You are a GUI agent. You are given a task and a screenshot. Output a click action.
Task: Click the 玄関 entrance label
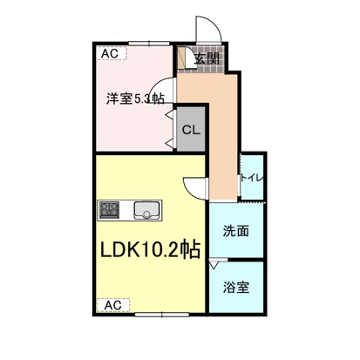pyautogui.click(x=207, y=59)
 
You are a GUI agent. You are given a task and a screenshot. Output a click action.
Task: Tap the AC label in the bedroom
pyautogui.click(x=111, y=54)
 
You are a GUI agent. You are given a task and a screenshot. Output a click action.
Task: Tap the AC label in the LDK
pyautogui.click(x=112, y=305)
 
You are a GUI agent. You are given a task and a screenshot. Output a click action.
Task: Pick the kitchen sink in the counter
pyautogui.click(x=146, y=210)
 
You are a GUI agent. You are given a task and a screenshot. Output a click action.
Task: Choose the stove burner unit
pyautogui.click(x=110, y=209)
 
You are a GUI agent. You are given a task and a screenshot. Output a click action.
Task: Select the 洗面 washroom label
pyautogui.click(x=235, y=232)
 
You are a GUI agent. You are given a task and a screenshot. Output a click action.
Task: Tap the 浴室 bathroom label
pyautogui.click(x=235, y=286)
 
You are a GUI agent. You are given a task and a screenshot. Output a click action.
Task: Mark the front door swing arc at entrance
pyautogui.click(x=211, y=28)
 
